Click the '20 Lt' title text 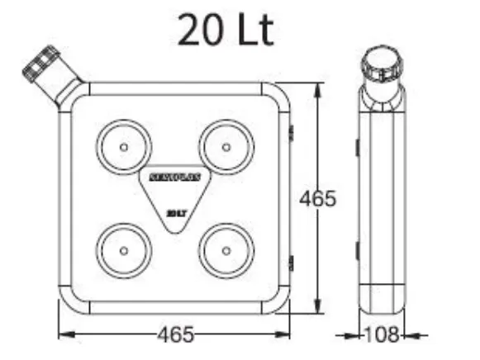[225, 31]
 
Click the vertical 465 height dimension [318, 199]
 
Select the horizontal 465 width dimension [175, 334]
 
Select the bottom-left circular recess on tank [123, 249]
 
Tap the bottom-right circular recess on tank [226, 249]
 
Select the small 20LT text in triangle [174, 212]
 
